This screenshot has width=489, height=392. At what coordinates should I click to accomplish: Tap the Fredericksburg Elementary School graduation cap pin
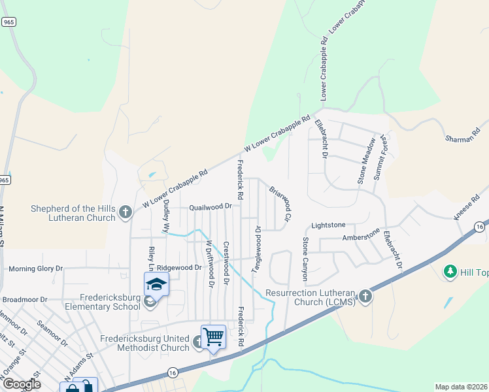(x=157, y=284)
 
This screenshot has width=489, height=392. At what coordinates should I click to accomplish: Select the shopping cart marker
(x=213, y=336)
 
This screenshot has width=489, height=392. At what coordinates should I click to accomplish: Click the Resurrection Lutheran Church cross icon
(x=365, y=296)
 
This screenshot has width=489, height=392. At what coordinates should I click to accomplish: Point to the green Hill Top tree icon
(x=450, y=271)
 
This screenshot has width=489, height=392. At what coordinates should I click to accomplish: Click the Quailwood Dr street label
(x=211, y=206)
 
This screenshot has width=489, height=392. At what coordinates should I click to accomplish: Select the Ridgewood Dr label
(x=179, y=267)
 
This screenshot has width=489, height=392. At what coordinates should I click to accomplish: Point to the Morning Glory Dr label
(x=35, y=268)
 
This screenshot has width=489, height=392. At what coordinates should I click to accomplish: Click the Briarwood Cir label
(x=279, y=203)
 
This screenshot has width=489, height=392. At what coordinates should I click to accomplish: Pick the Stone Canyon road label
(x=305, y=256)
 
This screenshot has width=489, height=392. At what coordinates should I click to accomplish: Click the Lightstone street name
(x=328, y=225)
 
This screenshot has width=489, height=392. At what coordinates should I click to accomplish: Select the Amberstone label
(x=361, y=235)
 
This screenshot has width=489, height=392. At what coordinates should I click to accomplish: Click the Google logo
(x=21, y=384)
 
